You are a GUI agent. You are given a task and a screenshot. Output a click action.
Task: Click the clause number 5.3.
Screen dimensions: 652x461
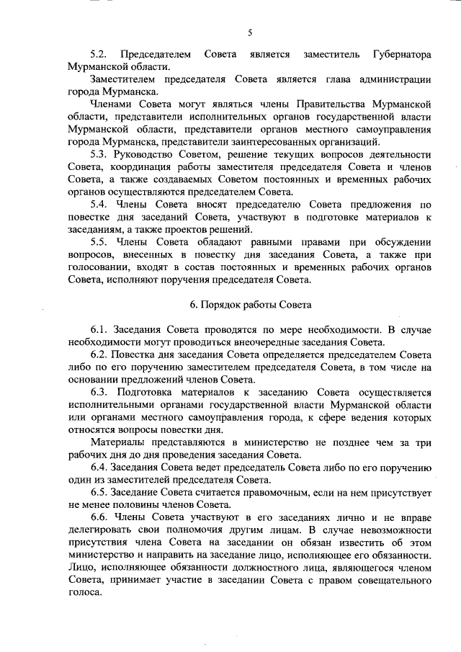(99, 154)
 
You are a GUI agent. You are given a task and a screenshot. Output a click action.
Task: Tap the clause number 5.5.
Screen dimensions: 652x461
(99, 241)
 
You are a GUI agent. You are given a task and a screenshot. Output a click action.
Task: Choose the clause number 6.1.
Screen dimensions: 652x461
(99, 329)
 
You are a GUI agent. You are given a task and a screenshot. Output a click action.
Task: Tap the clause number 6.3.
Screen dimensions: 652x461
(99, 392)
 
